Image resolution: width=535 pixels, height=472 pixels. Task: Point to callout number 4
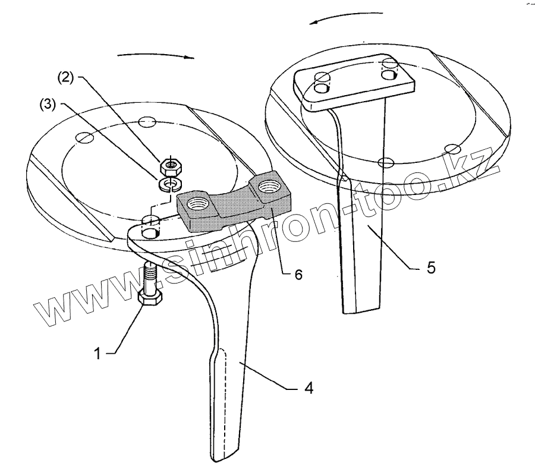coord(309,389)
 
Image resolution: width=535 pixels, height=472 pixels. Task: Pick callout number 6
coord(298,274)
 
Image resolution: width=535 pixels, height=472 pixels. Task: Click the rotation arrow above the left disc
coord(156,55)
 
